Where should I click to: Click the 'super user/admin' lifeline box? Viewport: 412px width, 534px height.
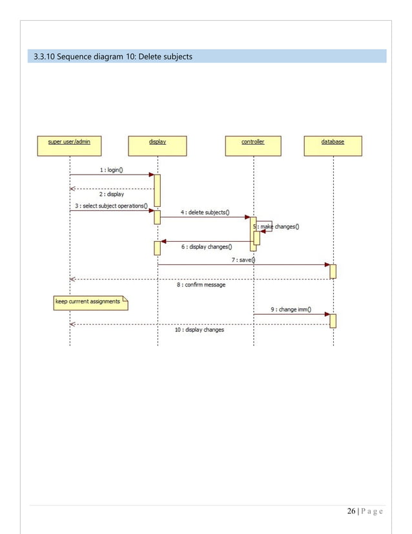[69, 145]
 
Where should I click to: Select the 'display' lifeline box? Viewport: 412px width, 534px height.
[158, 145]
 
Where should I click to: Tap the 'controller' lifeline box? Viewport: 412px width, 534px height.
[252, 145]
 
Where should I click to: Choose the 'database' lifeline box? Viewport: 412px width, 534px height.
[333, 145]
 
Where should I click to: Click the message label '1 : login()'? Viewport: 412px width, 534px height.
[112, 170]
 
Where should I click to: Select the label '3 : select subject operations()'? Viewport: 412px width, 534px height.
[112, 206]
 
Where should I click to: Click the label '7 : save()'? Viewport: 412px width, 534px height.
[243, 260]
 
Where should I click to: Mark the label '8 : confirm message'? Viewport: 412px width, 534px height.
[201, 284]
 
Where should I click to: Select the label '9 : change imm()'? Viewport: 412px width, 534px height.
[291, 309]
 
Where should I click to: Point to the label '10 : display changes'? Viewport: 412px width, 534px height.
[200, 330]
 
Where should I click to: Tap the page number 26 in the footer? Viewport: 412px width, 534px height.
[351, 512]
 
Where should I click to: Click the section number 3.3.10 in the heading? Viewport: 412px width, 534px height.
[46, 57]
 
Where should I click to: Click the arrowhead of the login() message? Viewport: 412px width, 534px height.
[151, 175]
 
